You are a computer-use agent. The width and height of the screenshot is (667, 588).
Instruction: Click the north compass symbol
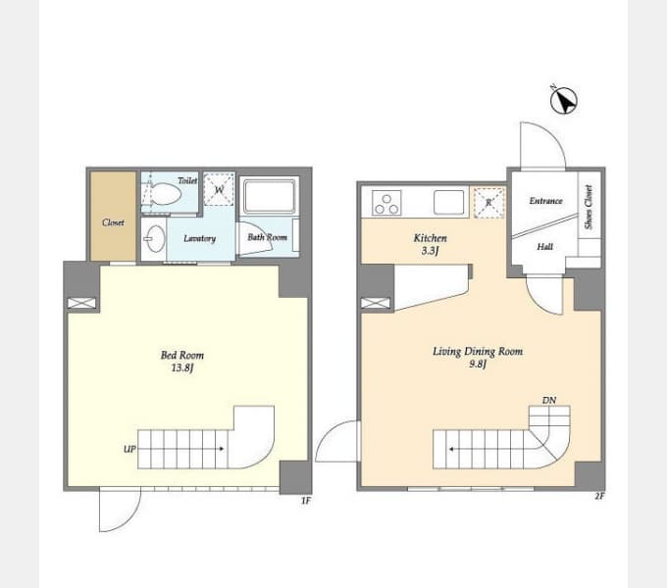564,100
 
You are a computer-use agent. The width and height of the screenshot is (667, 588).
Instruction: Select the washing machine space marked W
219,189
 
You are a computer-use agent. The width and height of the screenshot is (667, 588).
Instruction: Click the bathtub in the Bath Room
269,196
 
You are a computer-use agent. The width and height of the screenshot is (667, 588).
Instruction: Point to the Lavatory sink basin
154,238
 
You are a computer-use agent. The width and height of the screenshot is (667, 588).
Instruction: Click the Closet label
113,222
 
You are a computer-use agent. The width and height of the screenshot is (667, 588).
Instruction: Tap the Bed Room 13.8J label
182,361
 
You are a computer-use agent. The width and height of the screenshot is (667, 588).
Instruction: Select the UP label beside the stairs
129,449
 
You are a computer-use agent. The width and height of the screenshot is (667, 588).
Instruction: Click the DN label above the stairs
549,400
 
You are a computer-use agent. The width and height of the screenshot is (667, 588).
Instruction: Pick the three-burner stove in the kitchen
386,204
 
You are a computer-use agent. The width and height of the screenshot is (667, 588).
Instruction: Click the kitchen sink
449,202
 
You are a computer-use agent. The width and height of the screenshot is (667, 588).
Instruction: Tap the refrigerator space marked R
488,203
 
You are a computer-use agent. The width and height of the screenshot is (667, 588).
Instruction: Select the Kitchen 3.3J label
430,244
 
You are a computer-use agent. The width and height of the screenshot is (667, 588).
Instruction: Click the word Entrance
545,201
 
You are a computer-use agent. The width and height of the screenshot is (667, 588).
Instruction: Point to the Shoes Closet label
589,207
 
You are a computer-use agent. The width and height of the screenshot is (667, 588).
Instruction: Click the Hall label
545,246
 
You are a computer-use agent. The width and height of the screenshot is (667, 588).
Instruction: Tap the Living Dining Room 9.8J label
478,358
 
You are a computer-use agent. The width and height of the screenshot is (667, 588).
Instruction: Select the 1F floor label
306,501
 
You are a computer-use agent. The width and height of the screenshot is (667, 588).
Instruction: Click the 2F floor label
599,496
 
